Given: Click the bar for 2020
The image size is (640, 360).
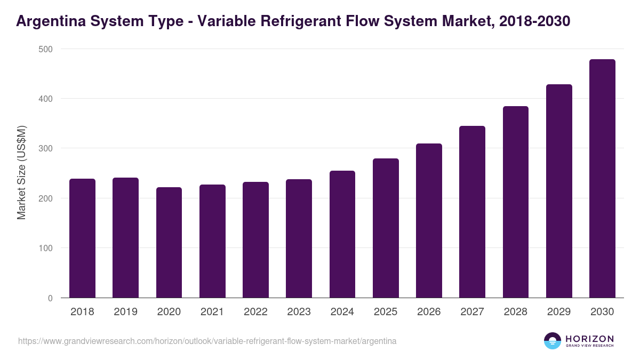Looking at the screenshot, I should (x=169, y=243).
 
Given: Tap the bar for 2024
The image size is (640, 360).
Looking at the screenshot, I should (x=342, y=234).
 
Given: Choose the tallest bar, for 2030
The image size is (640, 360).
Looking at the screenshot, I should (x=602, y=179).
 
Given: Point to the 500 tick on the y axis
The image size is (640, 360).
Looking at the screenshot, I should (x=46, y=49).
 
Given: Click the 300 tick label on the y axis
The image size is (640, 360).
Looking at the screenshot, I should (x=46, y=148).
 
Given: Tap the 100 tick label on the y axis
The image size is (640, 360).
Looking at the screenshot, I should (x=46, y=248).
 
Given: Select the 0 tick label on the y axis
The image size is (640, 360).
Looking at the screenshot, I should (x=50, y=298).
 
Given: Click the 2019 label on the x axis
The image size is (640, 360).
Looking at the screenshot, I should (x=125, y=312).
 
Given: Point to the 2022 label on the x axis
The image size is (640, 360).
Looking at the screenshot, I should (x=255, y=312).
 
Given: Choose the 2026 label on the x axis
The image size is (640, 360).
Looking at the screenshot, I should (x=429, y=312).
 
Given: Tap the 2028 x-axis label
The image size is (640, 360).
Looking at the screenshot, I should (x=516, y=312).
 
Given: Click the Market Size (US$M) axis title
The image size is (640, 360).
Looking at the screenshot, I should (x=21, y=173).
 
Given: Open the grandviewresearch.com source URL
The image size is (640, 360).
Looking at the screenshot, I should (x=207, y=341).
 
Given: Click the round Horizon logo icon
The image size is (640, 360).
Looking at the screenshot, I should (x=553, y=341).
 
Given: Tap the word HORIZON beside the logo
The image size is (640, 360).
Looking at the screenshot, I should (x=589, y=338).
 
